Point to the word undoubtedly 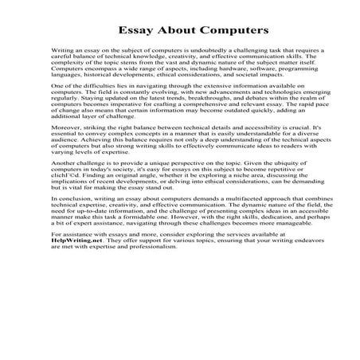(195, 50)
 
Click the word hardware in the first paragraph (209, 69)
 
